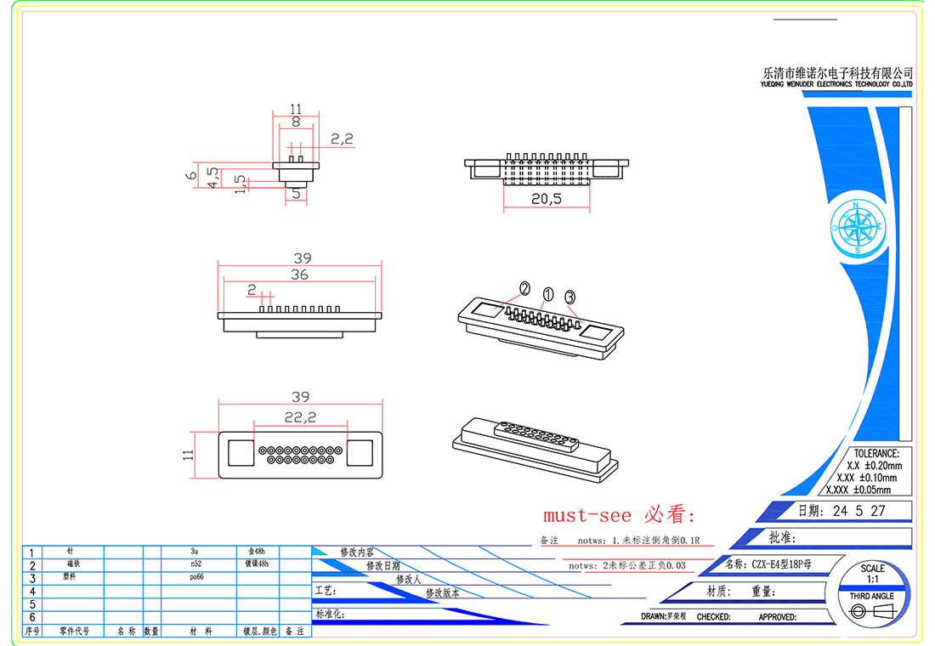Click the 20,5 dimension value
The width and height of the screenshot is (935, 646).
[547, 199]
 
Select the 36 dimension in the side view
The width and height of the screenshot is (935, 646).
[299, 275]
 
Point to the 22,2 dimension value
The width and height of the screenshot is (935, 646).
[300, 416]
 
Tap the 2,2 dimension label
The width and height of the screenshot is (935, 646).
[342, 139]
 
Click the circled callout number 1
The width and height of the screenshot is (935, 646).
[548, 293]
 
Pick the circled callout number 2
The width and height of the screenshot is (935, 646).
[525, 287]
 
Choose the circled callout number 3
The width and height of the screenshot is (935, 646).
[569, 297]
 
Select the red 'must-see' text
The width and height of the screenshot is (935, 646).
[587, 515]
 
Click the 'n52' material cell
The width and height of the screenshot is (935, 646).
[196, 564]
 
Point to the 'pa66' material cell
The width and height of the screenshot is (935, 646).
[196, 576]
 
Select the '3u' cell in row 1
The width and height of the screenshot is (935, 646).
[196, 551]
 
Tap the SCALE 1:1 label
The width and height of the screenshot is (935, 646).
[872, 573]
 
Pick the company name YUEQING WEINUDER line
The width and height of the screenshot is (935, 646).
[836, 85]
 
